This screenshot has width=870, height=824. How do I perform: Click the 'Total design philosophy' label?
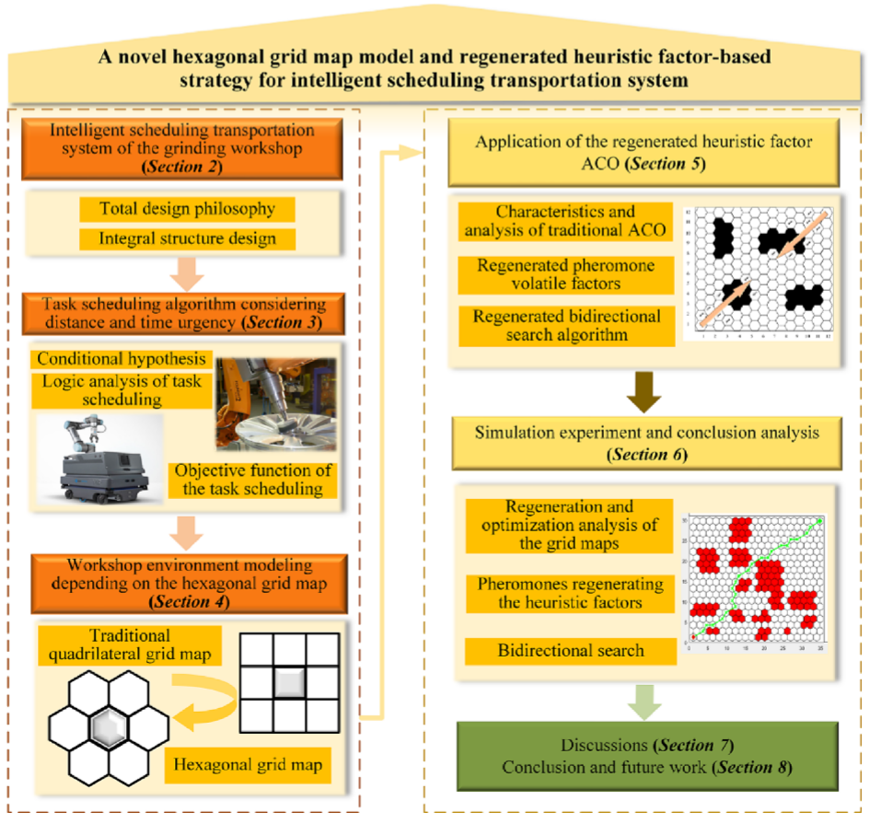pyautogui.click(x=188, y=209)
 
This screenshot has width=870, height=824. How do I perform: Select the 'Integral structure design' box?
pyautogui.click(x=188, y=240)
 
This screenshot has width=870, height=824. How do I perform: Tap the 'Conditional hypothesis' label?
pyautogui.click(x=121, y=357)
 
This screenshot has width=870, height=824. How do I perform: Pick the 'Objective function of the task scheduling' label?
pyautogui.click(x=251, y=479)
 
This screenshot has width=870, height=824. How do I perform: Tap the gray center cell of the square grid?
pyautogui.click(x=288, y=682)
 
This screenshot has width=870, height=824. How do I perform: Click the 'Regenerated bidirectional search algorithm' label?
pyautogui.click(x=565, y=325)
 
